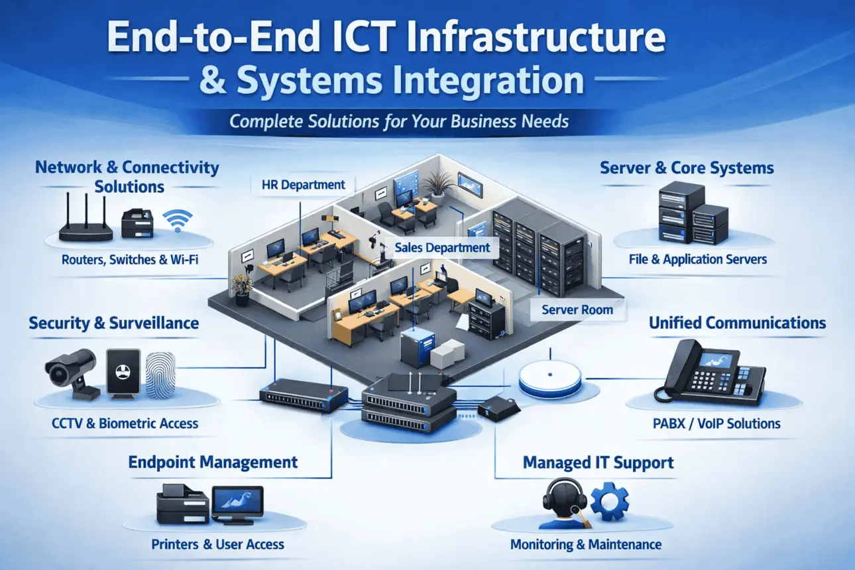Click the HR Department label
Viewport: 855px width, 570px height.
click(303, 185)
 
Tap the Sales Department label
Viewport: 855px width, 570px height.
click(442, 248)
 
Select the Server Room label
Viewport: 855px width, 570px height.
click(577, 310)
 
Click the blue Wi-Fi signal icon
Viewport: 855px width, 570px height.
click(178, 220)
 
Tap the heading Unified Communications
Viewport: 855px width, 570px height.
click(738, 323)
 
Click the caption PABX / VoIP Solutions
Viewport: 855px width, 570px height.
click(716, 424)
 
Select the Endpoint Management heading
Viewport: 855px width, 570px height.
click(213, 463)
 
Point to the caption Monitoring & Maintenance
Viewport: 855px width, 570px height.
click(586, 544)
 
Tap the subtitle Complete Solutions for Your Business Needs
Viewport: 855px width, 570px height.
click(399, 121)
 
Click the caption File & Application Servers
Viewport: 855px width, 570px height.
click(698, 259)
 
